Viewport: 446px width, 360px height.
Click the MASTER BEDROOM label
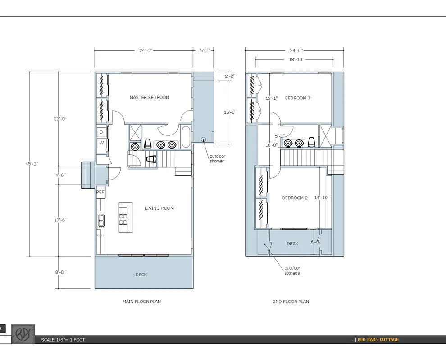[149, 97]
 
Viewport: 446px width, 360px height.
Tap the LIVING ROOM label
[159, 208]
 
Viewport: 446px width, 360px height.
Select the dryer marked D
[101, 132]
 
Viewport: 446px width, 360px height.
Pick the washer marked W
[101, 143]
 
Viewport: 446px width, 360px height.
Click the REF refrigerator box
[100, 192]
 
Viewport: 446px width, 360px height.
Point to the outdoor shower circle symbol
[203, 139]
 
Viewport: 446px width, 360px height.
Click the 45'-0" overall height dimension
[32, 164]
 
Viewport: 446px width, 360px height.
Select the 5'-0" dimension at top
[205, 50]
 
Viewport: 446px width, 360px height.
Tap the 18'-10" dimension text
[297, 59]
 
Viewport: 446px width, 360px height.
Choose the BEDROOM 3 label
[297, 98]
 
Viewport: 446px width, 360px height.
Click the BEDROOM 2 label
[295, 198]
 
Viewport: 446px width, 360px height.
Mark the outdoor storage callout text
[292, 270]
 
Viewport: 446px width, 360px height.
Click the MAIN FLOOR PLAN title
[141, 301]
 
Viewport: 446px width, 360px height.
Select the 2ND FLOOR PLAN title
[291, 301]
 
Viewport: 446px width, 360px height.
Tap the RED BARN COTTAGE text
[378, 340]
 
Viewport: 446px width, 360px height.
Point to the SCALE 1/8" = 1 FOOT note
[63, 340]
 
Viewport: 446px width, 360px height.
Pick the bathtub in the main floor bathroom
[186, 137]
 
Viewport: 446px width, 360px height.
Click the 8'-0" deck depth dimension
[60, 272]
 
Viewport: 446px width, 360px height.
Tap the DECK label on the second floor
[292, 243]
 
